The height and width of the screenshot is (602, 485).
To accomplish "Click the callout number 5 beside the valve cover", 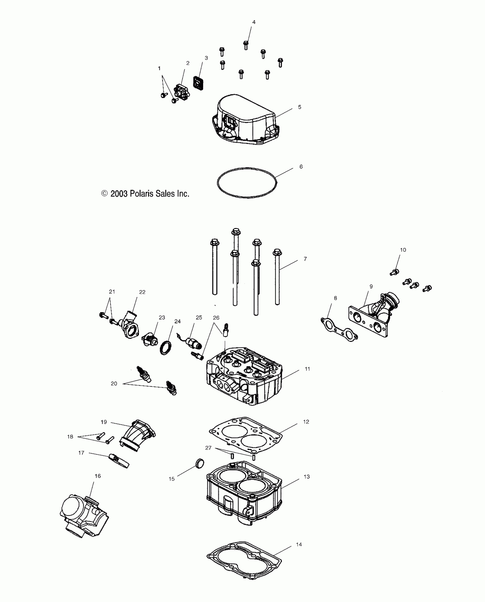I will coord(300,107).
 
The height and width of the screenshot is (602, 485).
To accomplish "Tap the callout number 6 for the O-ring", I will coord(301,167).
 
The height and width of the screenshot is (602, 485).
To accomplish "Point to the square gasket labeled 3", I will coord(198,83).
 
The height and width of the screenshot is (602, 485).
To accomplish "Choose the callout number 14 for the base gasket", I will coord(299,545).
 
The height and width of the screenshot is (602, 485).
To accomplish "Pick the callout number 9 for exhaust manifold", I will coord(371,287).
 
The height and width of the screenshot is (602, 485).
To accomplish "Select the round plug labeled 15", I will coord(201,463).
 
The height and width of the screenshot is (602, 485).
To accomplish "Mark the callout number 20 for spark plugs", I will coord(114,384).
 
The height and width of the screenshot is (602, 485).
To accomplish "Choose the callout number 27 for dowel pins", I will coord(208,448).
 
